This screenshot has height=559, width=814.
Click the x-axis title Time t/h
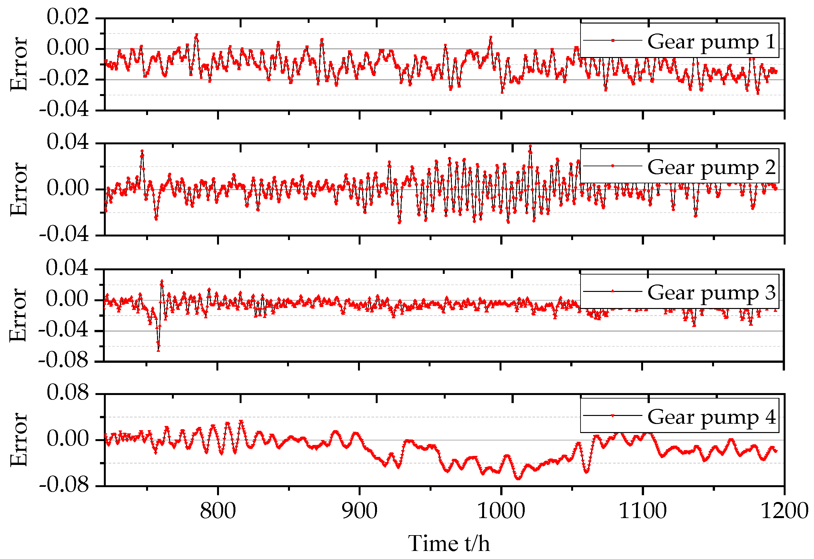pyautogui.click(x=449, y=543)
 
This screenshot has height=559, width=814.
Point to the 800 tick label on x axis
pyautogui.click(x=218, y=511)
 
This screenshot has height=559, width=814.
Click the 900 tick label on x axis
pyautogui.click(x=359, y=511)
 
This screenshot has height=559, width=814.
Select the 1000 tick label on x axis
pyautogui.click(x=501, y=511)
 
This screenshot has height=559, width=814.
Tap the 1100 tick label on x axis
pyautogui.click(x=642, y=511)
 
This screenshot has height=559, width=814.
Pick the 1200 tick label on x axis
pyautogui.click(x=785, y=511)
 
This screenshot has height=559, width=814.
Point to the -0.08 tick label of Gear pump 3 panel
pyautogui.click(x=64, y=361)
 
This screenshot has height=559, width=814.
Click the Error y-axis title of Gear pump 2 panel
pyautogui.click(x=18, y=189)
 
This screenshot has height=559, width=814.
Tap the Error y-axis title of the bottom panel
pyautogui.click(x=18, y=439)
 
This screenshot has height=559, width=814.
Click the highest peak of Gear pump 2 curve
pyautogui.click(x=531, y=146)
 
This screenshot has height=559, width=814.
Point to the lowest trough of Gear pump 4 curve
pyautogui.click(x=519, y=478)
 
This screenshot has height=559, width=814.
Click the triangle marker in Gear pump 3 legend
pyautogui.click(x=612, y=291)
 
